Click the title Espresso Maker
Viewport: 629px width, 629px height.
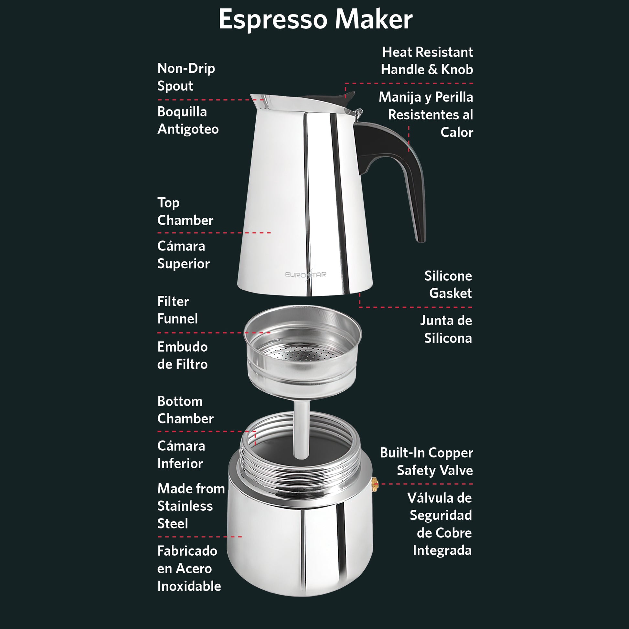pos(315,19)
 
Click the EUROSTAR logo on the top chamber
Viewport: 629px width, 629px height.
pos(305,274)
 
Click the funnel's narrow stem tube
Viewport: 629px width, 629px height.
pos(302,430)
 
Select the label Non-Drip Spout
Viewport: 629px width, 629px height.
pos(186,77)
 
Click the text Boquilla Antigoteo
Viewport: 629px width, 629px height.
pos(188,121)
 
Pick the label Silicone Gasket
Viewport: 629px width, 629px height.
pos(448,284)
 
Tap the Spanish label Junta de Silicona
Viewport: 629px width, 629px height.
pos(446,329)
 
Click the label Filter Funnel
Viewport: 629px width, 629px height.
pos(177,310)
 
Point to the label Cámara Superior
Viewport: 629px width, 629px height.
pos(183,255)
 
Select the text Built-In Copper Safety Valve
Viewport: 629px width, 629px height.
pos(426,461)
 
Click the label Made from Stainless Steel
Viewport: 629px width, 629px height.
pos(191,506)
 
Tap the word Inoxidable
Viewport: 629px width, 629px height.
pos(189,586)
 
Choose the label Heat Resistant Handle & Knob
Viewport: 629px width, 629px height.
pos(427,60)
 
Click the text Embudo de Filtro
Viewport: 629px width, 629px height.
pos(182,355)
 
